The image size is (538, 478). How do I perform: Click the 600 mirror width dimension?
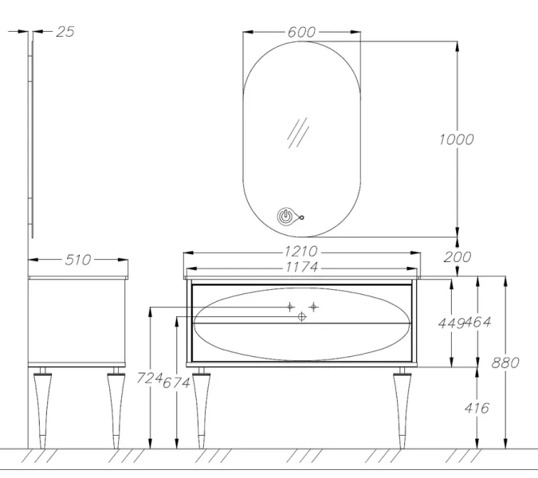point(301,32)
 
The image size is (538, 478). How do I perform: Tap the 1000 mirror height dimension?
point(457,139)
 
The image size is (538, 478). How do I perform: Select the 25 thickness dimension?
point(65,32)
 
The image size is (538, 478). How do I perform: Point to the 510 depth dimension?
point(78,260)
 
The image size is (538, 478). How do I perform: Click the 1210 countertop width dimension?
point(301,252)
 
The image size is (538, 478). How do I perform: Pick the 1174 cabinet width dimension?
point(302,267)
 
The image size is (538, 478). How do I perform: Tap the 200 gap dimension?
point(457,257)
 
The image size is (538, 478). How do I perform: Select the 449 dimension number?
point(451,323)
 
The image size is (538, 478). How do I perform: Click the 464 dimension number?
point(478,323)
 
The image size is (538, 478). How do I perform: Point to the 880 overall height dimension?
point(505,362)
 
